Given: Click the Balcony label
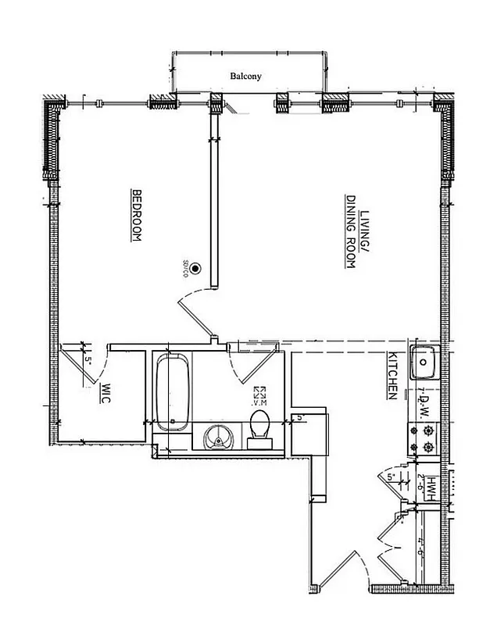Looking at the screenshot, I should pyautogui.click(x=245, y=77).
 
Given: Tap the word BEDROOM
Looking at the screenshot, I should pyautogui.click(x=135, y=216).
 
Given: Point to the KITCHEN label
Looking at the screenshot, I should pyautogui.click(x=394, y=376).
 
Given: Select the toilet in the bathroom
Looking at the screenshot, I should pyautogui.click(x=259, y=432).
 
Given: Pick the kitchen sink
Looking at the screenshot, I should pyautogui.click(x=424, y=361).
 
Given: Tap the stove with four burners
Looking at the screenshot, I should pyautogui.click(x=423, y=438).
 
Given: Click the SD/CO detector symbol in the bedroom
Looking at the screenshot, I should pyautogui.click(x=196, y=267).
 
